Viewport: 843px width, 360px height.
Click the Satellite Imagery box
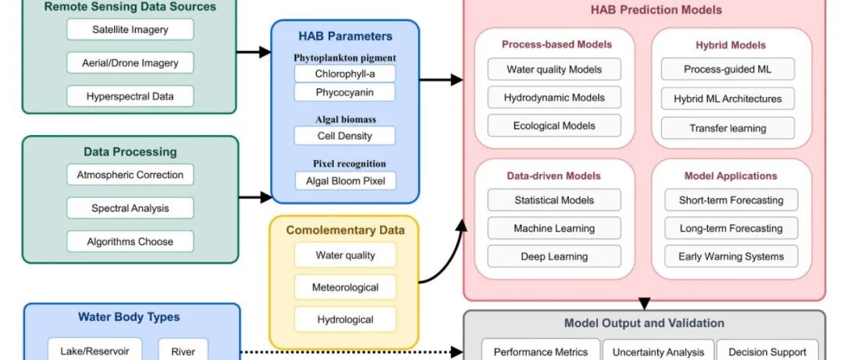pyautogui.click(x=130, y=30)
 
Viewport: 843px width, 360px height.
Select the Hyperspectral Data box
pyautogui.click(x=130, y=96)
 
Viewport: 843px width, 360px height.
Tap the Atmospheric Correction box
pyautogui.click(x=130, y=175)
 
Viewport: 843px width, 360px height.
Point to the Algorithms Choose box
pyautogui.click(x=130, y=241)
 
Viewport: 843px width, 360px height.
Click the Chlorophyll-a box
pyautogui.click(x=344, y=73)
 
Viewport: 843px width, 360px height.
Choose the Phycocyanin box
pyautogui.click(x=344, y=92)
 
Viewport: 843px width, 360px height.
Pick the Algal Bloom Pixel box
pyautogui.click(x=344, y=180)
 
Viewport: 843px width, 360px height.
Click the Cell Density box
pyautogui.click(x=344, y=136)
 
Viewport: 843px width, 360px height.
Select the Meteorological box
pyautogui.click(x=345, y=287)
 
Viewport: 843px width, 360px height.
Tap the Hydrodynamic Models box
pyautogui.click(x=554, y=98)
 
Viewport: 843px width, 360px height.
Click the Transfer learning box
pyautogui.click(x=727, y=128)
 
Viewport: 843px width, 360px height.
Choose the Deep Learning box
pyautogui.click(x=554, y=257)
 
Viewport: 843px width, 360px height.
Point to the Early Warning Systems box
pyautogui.click(x=731, y=257)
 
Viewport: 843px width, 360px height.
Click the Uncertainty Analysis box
pyautogui.click(x=658, y=351)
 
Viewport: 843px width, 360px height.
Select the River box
pyautogui.click(x=183, y=351)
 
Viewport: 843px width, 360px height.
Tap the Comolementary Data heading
pyautogui.click(x=345, y=230)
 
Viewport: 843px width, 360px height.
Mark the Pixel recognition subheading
pyautogui.click(x=344, y=164)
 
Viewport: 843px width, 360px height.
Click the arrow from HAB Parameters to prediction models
pyautogui.click(x=440, y=80)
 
